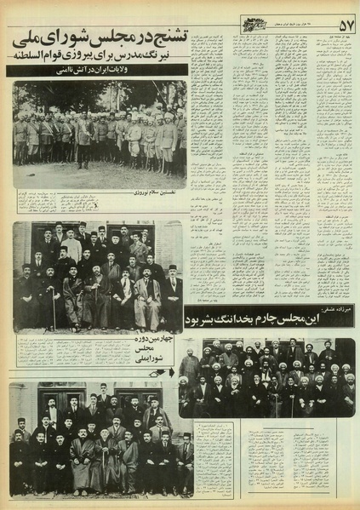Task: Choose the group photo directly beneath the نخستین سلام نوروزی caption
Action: pos(98,277)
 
